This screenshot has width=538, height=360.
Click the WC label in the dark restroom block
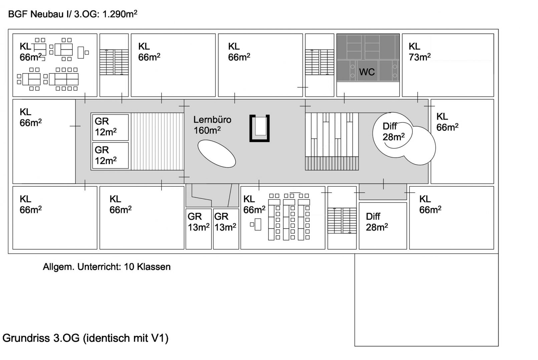pos(367,72)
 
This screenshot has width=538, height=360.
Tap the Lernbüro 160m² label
pos(212,125)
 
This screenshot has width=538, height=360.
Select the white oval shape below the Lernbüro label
pos(217,154)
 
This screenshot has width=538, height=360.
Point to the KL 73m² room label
pos(420,52)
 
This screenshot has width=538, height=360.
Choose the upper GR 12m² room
pos(110,127)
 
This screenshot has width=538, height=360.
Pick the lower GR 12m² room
pos(110,156)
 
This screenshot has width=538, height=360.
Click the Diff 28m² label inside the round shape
pos(393,132)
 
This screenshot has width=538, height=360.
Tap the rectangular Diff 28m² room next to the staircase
pos(383,226)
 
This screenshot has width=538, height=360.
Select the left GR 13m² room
pos(199,229)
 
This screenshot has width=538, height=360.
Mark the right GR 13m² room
pos(226,229)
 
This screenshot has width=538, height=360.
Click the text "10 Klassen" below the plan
pos(147,267)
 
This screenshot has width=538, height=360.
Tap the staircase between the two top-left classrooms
pos(114,62)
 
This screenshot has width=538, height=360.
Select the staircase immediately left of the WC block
pos(320,62)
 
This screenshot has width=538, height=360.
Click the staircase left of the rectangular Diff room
pos(342,221)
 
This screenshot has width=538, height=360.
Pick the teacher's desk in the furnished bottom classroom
pos(258,224)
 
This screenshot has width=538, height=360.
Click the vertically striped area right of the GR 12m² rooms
pos(157,142)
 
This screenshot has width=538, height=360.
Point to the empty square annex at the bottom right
pos(426,300)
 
